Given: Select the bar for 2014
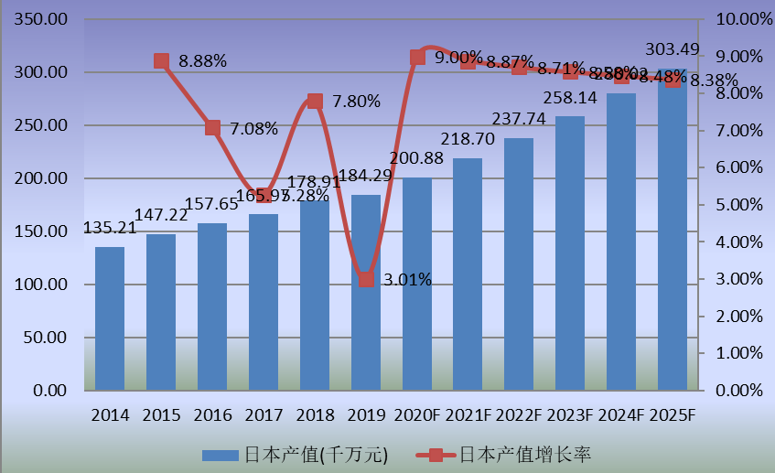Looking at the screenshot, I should point(110,318).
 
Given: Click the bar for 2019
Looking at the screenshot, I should point(365,293).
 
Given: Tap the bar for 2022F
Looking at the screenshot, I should point(519,264).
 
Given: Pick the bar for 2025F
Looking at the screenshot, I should point(672,230).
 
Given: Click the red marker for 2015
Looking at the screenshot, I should point(161,61).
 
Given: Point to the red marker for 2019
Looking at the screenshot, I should point(366,279).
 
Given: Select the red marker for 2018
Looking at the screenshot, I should point(315,101).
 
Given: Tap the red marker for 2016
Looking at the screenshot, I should point(212,128).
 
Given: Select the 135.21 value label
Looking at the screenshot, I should point(110,228).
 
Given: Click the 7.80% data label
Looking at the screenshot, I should point(356,102).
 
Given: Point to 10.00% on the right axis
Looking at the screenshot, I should point(737,19).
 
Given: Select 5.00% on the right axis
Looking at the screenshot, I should point(737,205).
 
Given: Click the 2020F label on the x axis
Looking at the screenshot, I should point(417,414).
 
